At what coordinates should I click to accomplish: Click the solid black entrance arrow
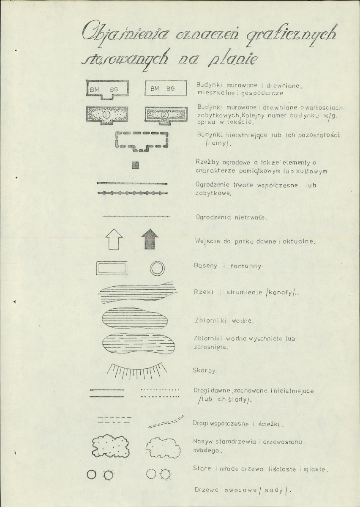tap(150, 239)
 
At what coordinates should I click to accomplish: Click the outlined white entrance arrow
tap(114, 239)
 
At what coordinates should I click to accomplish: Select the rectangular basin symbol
tap(112, 269)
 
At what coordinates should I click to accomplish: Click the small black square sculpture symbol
tap(135, 165)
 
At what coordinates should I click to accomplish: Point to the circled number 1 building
tap(107, 115)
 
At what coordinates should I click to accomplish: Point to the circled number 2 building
tap(166, 115)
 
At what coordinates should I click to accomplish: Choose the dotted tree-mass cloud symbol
tap(111, 446)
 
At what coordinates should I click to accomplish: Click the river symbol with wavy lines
tap(138, 292)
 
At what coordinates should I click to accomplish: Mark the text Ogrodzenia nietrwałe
tap(232, 218)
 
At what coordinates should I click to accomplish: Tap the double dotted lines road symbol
tap(160, 393)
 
